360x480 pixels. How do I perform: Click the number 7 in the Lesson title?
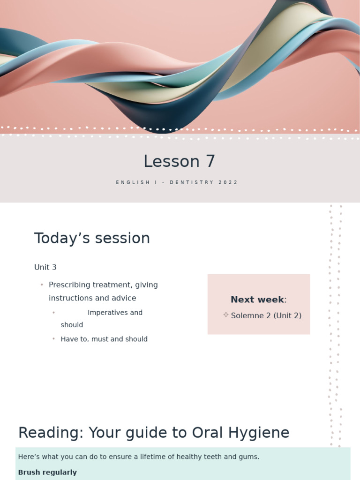tap(210, 161)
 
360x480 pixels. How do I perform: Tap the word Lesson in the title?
tap(172, 161)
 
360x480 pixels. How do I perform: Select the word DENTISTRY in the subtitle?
tap(192, 182)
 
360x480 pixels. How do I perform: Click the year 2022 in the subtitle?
tap(228, 182)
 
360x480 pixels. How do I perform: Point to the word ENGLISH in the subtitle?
tap(133, 182)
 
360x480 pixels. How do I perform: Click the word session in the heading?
tap(122, 238)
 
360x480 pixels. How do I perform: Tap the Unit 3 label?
tap(45, 267)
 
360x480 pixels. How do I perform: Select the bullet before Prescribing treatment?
tap(42, 285)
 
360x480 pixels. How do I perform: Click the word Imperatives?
tap(108, 313)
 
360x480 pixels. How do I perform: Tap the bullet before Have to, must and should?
tap(53, 339)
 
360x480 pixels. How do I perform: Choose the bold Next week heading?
tap(257, 300)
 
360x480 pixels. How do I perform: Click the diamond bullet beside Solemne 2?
tap(226, 315)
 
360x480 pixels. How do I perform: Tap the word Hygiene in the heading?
tap(259, 433)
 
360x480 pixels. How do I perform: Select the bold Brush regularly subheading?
tap(47, 472)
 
